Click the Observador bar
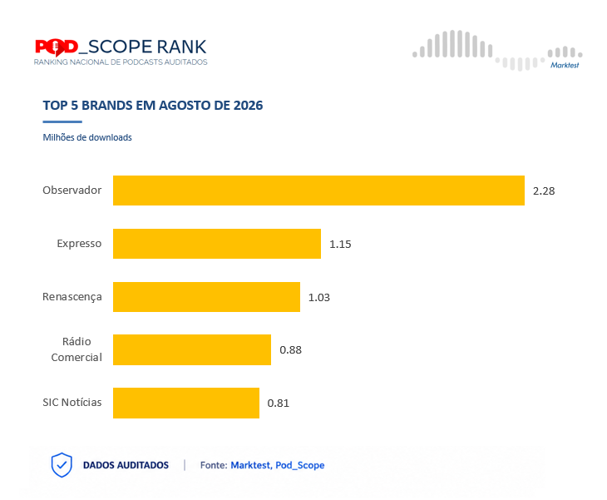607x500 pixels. (x=318, y=191)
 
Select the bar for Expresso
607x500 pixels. (x=217, y=244)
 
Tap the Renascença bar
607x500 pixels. (x=206, y=297)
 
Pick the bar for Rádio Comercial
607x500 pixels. (x=192, y=349)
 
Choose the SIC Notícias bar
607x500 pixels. (x=186, y=403)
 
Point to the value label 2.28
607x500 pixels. (x=544, y=191)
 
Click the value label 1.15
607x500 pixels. (x=340, y=244)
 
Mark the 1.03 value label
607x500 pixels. (x=319, y=298)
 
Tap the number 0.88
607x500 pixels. (x=291, y=350)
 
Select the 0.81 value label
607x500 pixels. (x=279, y=403)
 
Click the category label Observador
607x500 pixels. (x=72, y=191)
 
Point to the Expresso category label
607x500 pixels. (x=79, y=244)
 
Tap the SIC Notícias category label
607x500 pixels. (x=72, y=403)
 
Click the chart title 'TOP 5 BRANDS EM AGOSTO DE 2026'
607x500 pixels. (x=153, y=106)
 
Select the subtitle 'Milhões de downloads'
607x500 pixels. (x=87, y=137)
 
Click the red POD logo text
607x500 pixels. (x=57, y=47)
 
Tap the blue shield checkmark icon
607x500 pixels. (x=62, y=465)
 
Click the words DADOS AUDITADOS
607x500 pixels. (x=126, y=465)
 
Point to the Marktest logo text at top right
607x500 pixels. (x=565, y=65)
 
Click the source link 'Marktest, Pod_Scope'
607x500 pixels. (x=278, y=465)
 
